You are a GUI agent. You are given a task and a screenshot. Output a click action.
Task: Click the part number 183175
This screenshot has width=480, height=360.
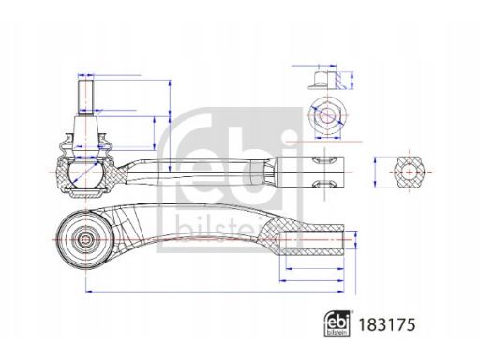click(x=387, y=324)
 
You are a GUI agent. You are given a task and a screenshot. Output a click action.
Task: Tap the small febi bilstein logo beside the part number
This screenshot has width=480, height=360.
click(x=337, y=323)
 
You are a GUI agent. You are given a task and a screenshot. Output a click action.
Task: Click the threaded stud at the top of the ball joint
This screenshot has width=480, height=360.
click(x=85, y=97)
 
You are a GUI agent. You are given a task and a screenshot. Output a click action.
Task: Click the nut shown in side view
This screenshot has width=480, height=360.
click(x=327, y=81)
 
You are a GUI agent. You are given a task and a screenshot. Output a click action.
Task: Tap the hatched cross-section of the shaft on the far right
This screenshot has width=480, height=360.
click(x=409, y=172)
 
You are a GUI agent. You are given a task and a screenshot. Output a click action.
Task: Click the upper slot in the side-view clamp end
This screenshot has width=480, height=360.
click(x=323, y=160)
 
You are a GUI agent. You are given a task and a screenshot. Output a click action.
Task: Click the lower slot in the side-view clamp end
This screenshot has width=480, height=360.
click(x=323, y=184)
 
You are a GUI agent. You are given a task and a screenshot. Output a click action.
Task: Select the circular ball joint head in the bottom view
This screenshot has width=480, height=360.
click(x=85, y=240)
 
